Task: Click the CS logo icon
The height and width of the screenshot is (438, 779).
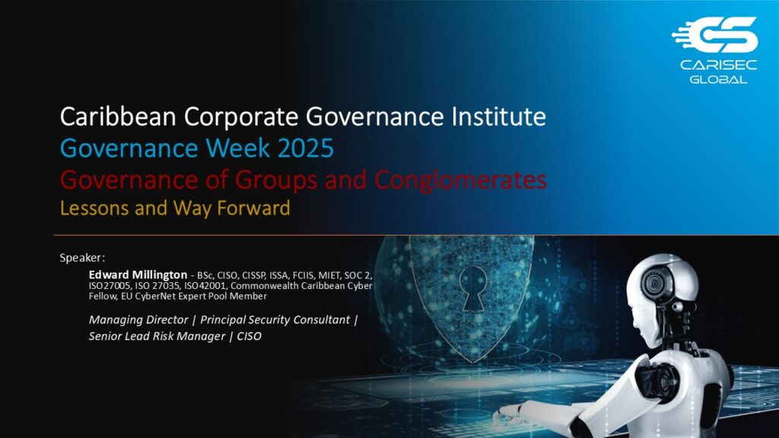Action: tap(714, 35)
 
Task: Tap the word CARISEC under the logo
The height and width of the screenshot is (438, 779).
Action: tap(718, 65)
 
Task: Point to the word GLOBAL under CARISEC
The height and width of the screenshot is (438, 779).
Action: tap(718, 79)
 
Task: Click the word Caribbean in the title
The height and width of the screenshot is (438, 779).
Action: tap(118, 116)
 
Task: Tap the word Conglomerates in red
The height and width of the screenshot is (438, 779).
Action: tap(460, 180)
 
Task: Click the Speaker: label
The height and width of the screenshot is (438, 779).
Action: tap(82, 258)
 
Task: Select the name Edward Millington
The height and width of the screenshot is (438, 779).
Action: tap(138, 275)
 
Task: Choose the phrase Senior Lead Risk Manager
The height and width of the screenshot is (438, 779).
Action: tap(157, 336)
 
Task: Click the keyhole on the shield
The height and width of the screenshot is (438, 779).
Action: tap(473, 288)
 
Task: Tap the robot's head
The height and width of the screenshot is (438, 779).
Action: tap(664, 293)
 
